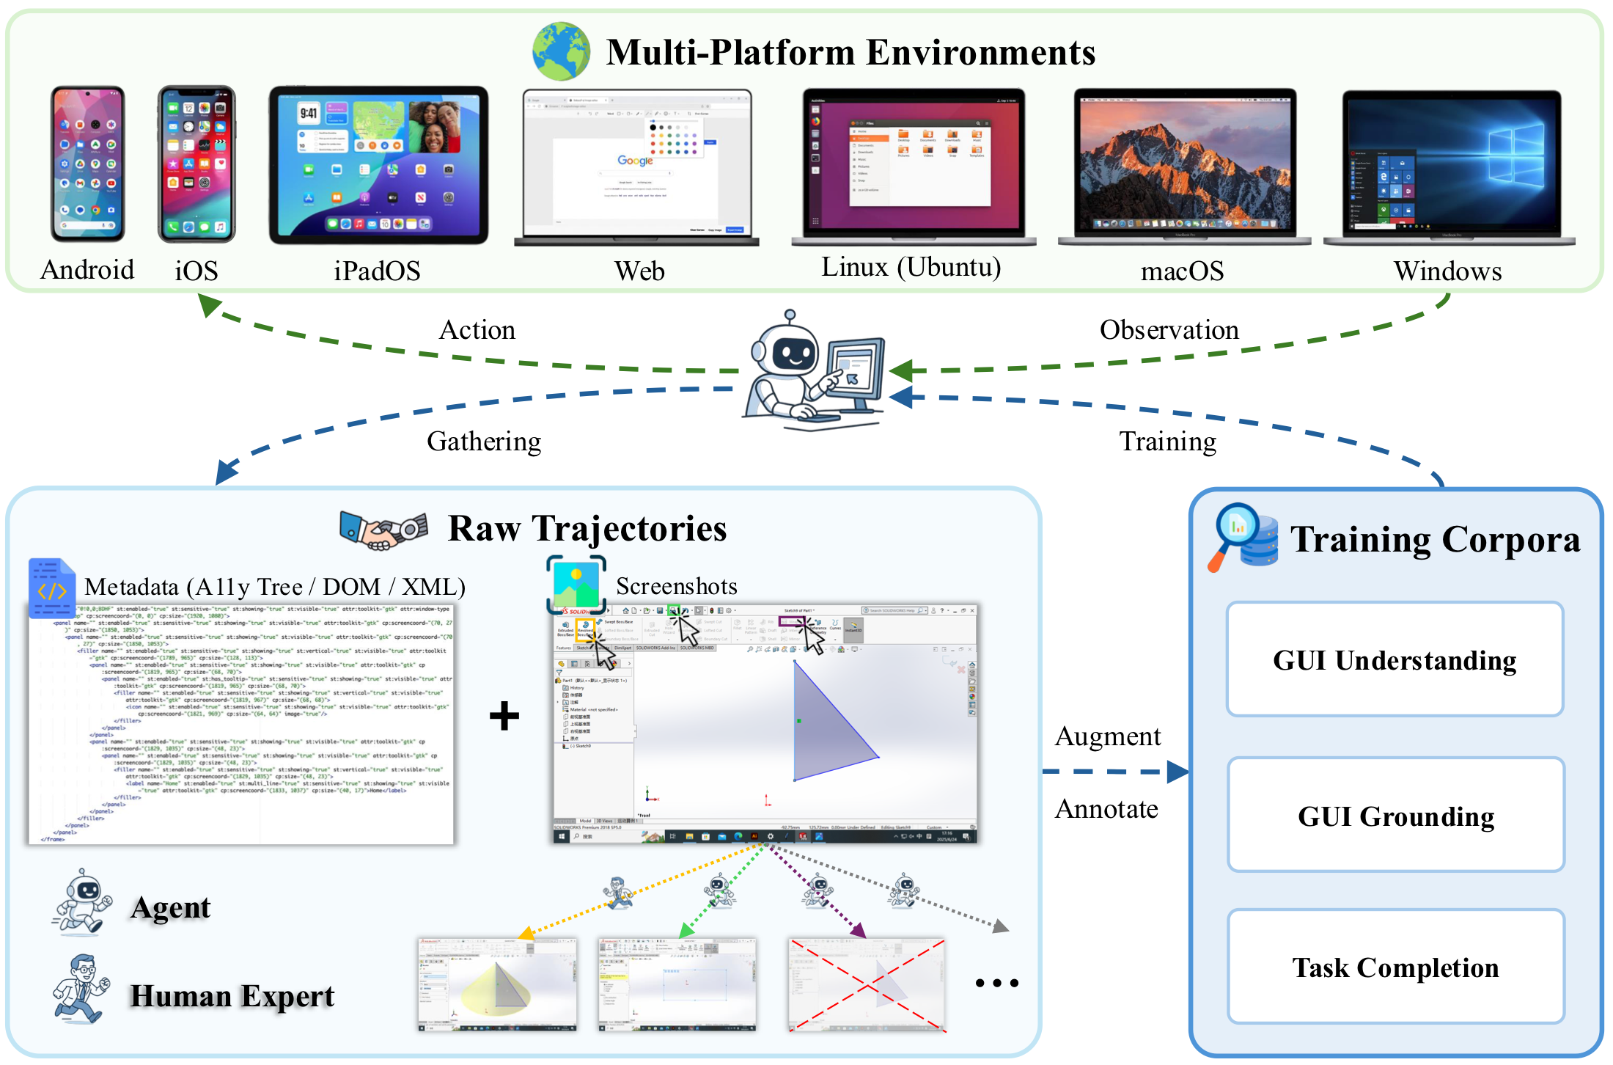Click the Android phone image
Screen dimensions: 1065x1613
coord(88,164)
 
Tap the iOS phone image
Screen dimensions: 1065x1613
coord(196,164)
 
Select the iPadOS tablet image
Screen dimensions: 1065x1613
coord(378,164)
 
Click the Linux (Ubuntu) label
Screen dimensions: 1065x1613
coord(911,267)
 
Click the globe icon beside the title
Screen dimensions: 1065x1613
coord(561,51)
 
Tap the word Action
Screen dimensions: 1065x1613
coord(477,330)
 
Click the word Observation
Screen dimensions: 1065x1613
coord(1169,330)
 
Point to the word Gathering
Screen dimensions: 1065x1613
coord(484,442)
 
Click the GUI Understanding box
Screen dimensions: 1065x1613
coord(1395,659)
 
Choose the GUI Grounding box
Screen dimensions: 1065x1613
coord(1396,815)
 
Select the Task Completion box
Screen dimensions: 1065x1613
coord(1396,967)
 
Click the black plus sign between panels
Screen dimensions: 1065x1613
coord(504,716)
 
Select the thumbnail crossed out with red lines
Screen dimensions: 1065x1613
coord(867,985)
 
